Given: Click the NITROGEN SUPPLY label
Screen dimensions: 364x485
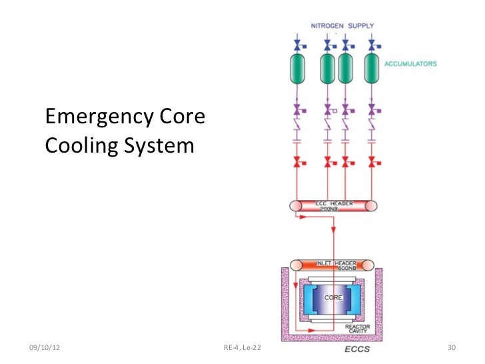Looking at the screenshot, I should [x=342, y=26].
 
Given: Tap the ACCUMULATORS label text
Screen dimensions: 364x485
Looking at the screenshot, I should [x=410, y=64].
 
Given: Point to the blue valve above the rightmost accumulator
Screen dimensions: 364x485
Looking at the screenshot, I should [x=374, y=45].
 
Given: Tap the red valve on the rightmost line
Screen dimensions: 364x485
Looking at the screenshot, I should [x=374, y=161].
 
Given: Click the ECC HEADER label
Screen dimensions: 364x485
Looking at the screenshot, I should [x=334, y=202].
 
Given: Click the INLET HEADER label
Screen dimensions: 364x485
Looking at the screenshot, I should [x=333, y=263].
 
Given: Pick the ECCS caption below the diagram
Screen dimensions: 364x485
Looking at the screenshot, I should [x=357, y=349].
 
